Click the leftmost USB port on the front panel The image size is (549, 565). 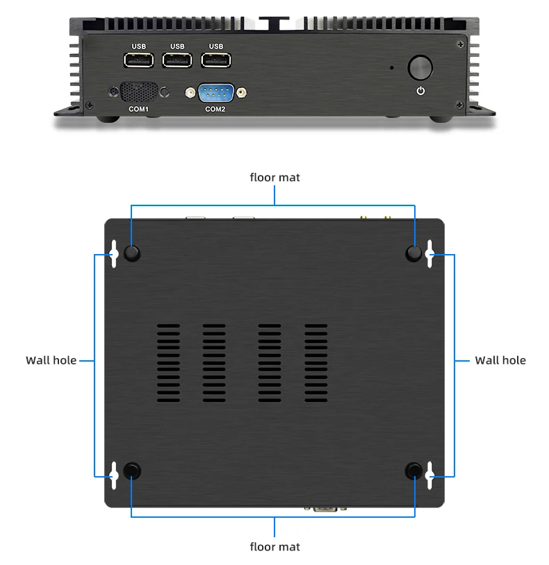[138, 61]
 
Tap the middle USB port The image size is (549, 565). [177, 61]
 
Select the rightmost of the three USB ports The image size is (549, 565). [216, 61]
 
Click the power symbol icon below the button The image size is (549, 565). [420, 91]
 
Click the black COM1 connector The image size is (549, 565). [138, 93]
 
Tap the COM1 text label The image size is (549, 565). [138, 109]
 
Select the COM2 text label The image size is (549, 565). [215, 109]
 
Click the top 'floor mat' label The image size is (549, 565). [274, 178]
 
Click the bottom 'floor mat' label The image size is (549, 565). [274, 547]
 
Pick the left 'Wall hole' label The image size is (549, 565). [51, 360]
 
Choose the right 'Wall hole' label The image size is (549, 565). [500, 360]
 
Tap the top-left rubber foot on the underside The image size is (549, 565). [131, 253]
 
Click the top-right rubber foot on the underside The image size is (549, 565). [414, 253]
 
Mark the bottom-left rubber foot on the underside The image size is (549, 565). [131, 471]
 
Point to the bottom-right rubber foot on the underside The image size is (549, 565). [414, 471]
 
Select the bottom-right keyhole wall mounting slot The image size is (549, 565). [431, 472]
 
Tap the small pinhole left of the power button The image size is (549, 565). [392, 68]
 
